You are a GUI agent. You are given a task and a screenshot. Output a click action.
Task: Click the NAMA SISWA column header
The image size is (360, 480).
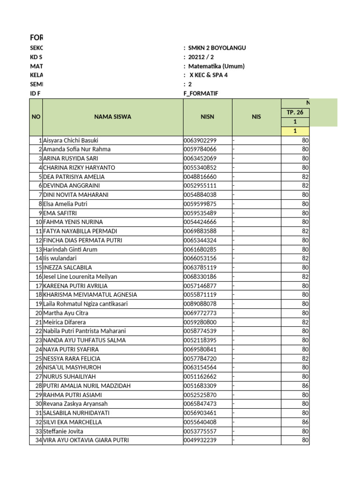112,117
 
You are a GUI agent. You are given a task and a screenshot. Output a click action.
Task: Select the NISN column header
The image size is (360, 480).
207,117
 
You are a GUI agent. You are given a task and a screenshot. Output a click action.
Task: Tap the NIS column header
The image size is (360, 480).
256,117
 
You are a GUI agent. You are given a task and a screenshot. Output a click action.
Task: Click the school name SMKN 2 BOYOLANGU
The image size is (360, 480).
217,48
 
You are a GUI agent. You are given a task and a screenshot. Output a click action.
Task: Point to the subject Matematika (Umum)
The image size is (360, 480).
216,66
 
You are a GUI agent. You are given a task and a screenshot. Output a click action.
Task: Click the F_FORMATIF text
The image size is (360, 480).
201,93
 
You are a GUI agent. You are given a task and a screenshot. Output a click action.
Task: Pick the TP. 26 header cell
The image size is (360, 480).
295,112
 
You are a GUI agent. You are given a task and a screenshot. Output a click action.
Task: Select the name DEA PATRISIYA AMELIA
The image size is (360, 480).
74,177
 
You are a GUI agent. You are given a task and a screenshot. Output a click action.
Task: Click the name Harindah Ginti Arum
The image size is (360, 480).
70,249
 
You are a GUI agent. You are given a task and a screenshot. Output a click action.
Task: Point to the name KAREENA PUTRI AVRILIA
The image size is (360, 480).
75,285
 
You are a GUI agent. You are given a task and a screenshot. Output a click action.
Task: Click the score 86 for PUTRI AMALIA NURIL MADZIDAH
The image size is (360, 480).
305,386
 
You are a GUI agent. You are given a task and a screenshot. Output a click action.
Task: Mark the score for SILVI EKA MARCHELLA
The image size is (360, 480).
305,422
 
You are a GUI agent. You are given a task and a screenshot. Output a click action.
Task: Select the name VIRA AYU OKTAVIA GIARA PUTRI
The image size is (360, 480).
86,440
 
